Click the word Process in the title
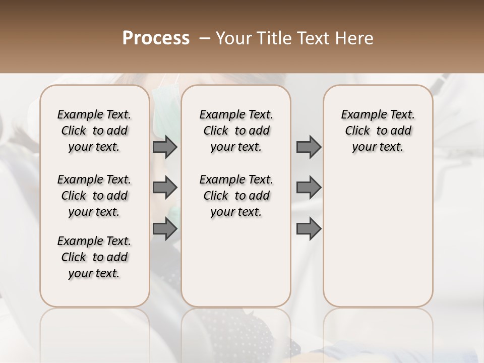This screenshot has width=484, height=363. point(156,38)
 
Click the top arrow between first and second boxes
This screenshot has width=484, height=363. point(165,147)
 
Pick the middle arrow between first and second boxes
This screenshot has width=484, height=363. point(165,188)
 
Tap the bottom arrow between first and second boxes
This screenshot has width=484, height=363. point(165,229)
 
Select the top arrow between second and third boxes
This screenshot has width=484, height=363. point(309,147)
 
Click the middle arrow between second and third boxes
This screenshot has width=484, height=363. point(309,188)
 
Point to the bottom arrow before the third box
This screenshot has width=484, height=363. point(309,229)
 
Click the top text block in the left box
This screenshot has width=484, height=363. point(94,131)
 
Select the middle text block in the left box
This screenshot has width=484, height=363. point(94,196)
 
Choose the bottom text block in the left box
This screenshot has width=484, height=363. point(94,257)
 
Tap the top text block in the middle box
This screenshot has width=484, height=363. point(236,131)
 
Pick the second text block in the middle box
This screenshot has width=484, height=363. point(236,196)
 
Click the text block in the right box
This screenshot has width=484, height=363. point(378,131)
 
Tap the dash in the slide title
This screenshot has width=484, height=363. point(205,38)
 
